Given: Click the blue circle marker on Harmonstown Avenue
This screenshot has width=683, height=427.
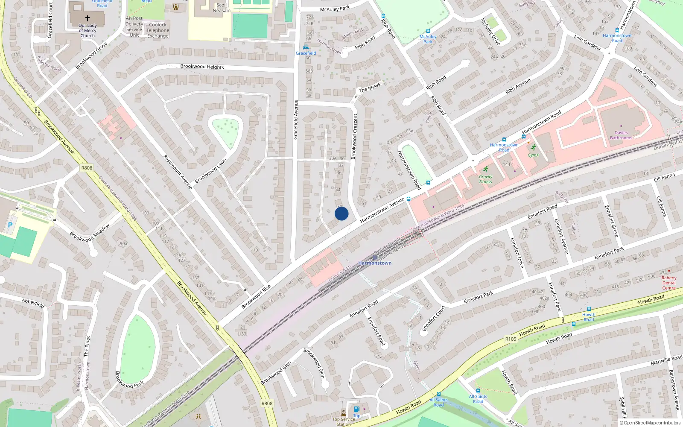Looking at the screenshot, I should click(x=341, y=213).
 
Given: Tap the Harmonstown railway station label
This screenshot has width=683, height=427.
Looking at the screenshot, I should click(x=375, y=263).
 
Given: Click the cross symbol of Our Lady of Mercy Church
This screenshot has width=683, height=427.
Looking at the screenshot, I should click(x=88, y=18).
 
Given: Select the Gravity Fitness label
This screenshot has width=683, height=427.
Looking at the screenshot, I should click(x=485, y=179).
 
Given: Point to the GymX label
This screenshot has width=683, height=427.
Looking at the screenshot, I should click(x=533, y=155).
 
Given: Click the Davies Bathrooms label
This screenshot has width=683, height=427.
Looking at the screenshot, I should click(x=621, y=135).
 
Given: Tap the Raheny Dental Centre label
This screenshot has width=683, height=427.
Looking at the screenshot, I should click(x=669, y=283).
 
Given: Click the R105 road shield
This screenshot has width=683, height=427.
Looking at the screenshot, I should click(x=511, y=339).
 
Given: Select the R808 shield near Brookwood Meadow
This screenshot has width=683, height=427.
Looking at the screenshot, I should click(x=87, y=168).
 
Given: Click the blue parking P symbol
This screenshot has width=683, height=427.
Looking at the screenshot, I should click(x=10, y=225).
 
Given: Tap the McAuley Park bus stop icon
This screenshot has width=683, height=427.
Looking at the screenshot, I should click(x=428, y=31).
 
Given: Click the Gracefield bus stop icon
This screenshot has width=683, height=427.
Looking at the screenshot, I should click(x=306, y=47).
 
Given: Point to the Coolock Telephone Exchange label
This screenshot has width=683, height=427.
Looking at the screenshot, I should click(x=158, y=30).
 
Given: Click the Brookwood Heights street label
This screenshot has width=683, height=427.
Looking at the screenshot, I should click(x=202, y=67).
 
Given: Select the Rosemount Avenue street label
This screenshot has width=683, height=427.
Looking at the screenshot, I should click(x=178, y=172).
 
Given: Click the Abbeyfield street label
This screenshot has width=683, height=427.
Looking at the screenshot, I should click(x=33, y=303).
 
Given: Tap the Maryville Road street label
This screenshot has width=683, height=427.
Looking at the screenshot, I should click(x=666, y=360).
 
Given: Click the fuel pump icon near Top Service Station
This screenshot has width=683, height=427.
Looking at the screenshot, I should click(x=357, y=409).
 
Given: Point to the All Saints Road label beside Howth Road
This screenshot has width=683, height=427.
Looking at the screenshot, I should click(x=438, y=403).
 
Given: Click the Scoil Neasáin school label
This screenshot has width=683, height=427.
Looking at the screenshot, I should click(x=222, y=8).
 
